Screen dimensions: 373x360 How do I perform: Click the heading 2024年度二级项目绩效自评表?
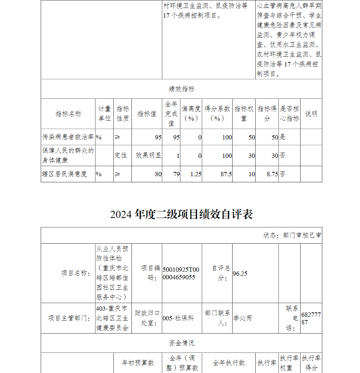point(181,214)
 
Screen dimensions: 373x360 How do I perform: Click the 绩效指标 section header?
point(181,89)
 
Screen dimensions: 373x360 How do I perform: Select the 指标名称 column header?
point(68,114)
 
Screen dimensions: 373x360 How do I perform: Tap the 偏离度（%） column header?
point(191,114)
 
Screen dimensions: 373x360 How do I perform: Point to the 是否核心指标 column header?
point(289,114)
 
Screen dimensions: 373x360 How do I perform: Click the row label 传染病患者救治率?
point(68,137)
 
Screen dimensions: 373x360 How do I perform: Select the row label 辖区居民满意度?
point(65,174)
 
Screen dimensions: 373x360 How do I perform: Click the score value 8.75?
point(272,174)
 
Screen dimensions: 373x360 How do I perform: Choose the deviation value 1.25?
point(195,174)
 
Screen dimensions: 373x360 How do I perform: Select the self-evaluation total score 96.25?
point(240,274)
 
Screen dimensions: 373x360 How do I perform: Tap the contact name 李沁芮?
point(243,318)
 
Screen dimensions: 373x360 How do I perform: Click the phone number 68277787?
point(311,318)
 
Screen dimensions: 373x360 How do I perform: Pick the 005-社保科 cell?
point(178,318)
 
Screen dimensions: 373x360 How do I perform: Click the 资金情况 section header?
point(181,343)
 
